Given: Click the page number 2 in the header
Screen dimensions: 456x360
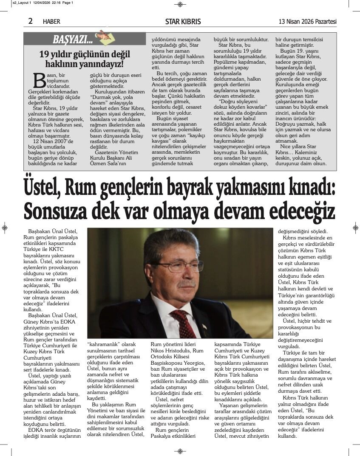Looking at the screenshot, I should [x=30, y=21].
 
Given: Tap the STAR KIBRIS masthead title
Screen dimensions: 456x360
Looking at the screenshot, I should [x=183, y=22].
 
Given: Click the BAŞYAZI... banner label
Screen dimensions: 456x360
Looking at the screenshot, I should [x=73, y=40].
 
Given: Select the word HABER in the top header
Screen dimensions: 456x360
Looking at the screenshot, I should [x=51, y=22].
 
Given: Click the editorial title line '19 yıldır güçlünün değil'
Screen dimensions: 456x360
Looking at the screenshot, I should [x=85, y=54].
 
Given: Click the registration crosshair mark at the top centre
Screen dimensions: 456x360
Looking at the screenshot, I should [x=180, y=4].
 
